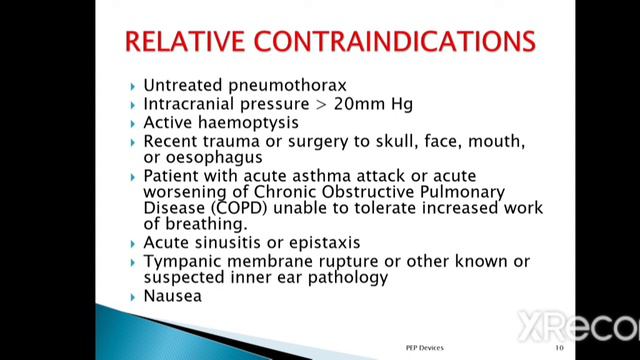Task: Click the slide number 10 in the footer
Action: pos(559,349)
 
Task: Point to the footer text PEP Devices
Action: pos(415,349)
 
